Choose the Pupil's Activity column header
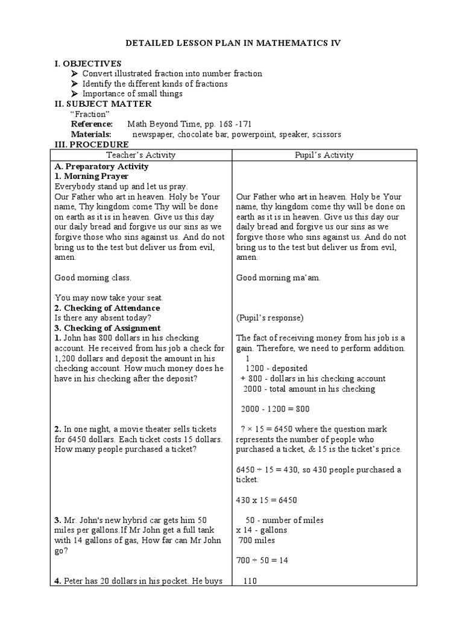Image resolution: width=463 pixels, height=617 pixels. click(x=324, y=155)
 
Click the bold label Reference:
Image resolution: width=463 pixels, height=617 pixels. click(x=92, y=124)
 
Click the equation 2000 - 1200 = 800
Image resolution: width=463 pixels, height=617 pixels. click(x=275, y=409)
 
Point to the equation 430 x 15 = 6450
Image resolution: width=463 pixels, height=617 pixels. click(x=266, y=500)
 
